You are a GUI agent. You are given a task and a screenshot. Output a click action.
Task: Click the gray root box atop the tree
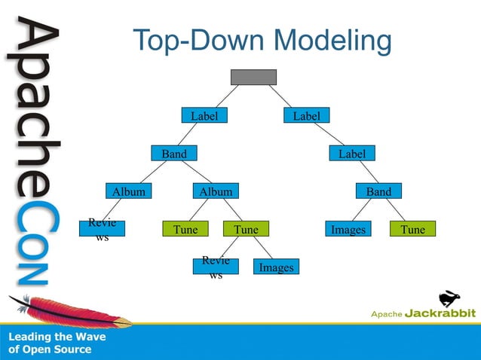tap(253, 78)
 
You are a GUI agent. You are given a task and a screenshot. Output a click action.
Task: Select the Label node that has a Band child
tap(204, 116)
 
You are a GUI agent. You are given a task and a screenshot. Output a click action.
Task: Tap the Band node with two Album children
tap(174, 154)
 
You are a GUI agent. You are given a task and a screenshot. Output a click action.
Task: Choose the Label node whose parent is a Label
tap(351, 154)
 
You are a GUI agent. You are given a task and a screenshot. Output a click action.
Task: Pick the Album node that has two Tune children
tap(216, 192)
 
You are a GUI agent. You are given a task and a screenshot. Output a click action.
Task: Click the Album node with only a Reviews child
tap(129, 192)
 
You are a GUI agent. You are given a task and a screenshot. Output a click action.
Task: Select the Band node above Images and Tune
tap(378, 192)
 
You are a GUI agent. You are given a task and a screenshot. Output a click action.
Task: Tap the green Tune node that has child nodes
tap(246, 230)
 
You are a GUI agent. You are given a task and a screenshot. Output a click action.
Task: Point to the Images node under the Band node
tap(348, 230)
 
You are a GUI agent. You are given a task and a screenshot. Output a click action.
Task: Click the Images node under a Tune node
tap(276, 268)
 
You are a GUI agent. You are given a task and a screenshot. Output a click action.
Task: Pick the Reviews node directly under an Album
tap(102, 229)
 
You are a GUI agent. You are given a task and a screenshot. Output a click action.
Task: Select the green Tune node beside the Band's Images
tap(412, 230)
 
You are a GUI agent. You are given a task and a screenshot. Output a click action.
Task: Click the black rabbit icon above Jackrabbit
tap(450, 297)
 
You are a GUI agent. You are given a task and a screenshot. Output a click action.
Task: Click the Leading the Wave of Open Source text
tap(57, 343)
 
